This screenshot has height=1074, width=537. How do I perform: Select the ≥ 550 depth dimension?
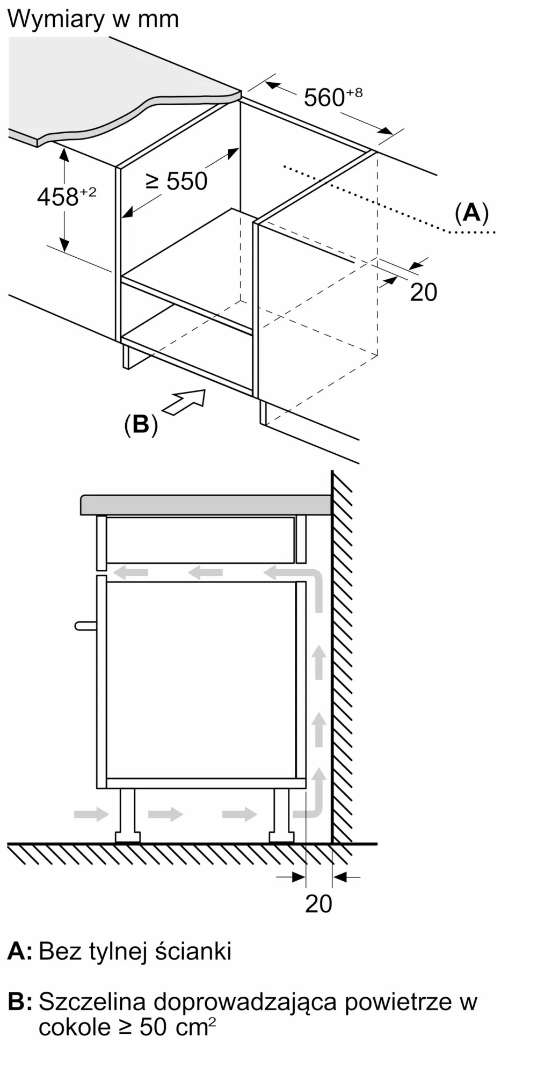[x=177, y=181]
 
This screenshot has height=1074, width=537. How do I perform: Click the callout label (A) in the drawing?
[x=471, y=213]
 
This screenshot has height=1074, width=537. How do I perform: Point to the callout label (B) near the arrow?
[x=141, y=424]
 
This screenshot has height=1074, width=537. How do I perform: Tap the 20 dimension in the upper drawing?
[x=423, y=292]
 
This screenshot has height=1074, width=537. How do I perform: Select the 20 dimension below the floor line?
[x=318, y=904]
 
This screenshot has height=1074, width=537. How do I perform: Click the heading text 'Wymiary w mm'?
[x=93, y=19]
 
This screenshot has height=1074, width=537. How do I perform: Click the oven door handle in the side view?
[x=85, y=626]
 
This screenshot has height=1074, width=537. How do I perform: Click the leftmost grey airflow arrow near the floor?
[x=91, y=814]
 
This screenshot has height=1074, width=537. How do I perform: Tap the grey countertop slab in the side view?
[x=206, y=505]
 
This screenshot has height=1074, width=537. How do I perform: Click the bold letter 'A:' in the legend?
[x=19, y=951]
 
